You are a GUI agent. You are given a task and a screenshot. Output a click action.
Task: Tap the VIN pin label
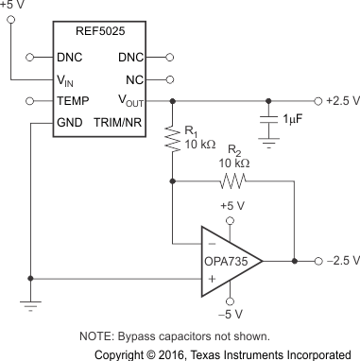click(67, 79)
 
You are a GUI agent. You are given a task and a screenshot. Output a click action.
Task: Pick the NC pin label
click(135, 79)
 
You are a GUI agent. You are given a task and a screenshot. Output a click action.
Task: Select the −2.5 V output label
click(339, 259)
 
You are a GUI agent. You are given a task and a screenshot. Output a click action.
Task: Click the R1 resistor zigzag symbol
click(173, 140)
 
